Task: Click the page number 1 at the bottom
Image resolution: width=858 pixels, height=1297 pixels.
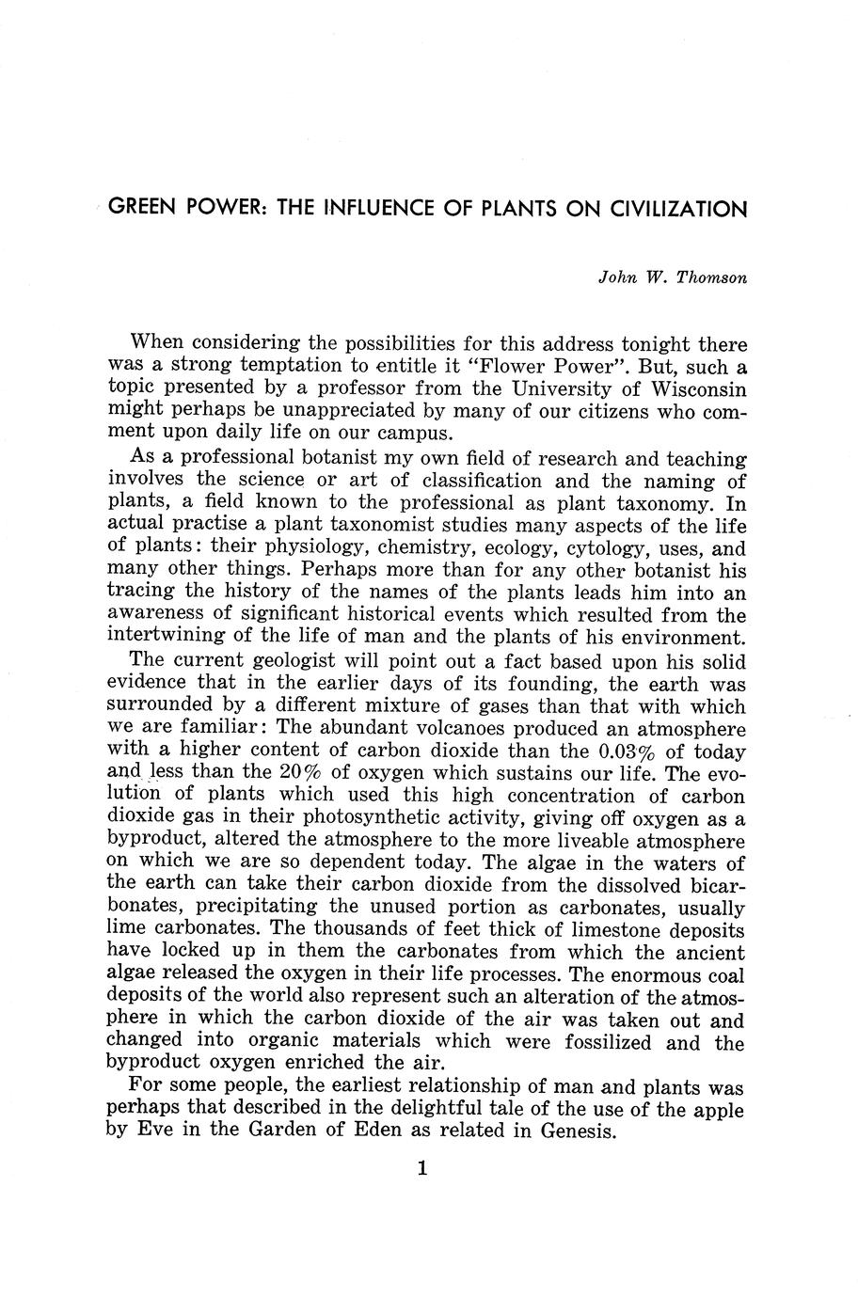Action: click(x=422, y=1169)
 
